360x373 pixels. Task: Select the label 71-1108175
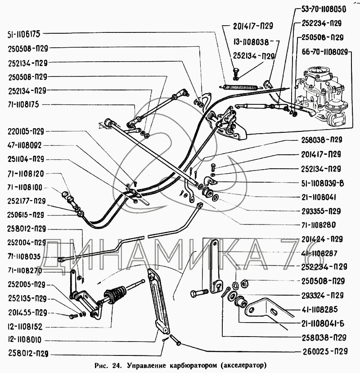[24, 103]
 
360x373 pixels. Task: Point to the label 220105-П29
[26, 132]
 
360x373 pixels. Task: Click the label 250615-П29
[26, 215]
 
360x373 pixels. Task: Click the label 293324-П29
[322, 295]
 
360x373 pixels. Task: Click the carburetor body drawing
[322, 94]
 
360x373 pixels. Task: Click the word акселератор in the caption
[243, 364]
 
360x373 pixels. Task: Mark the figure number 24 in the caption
[115, 364]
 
